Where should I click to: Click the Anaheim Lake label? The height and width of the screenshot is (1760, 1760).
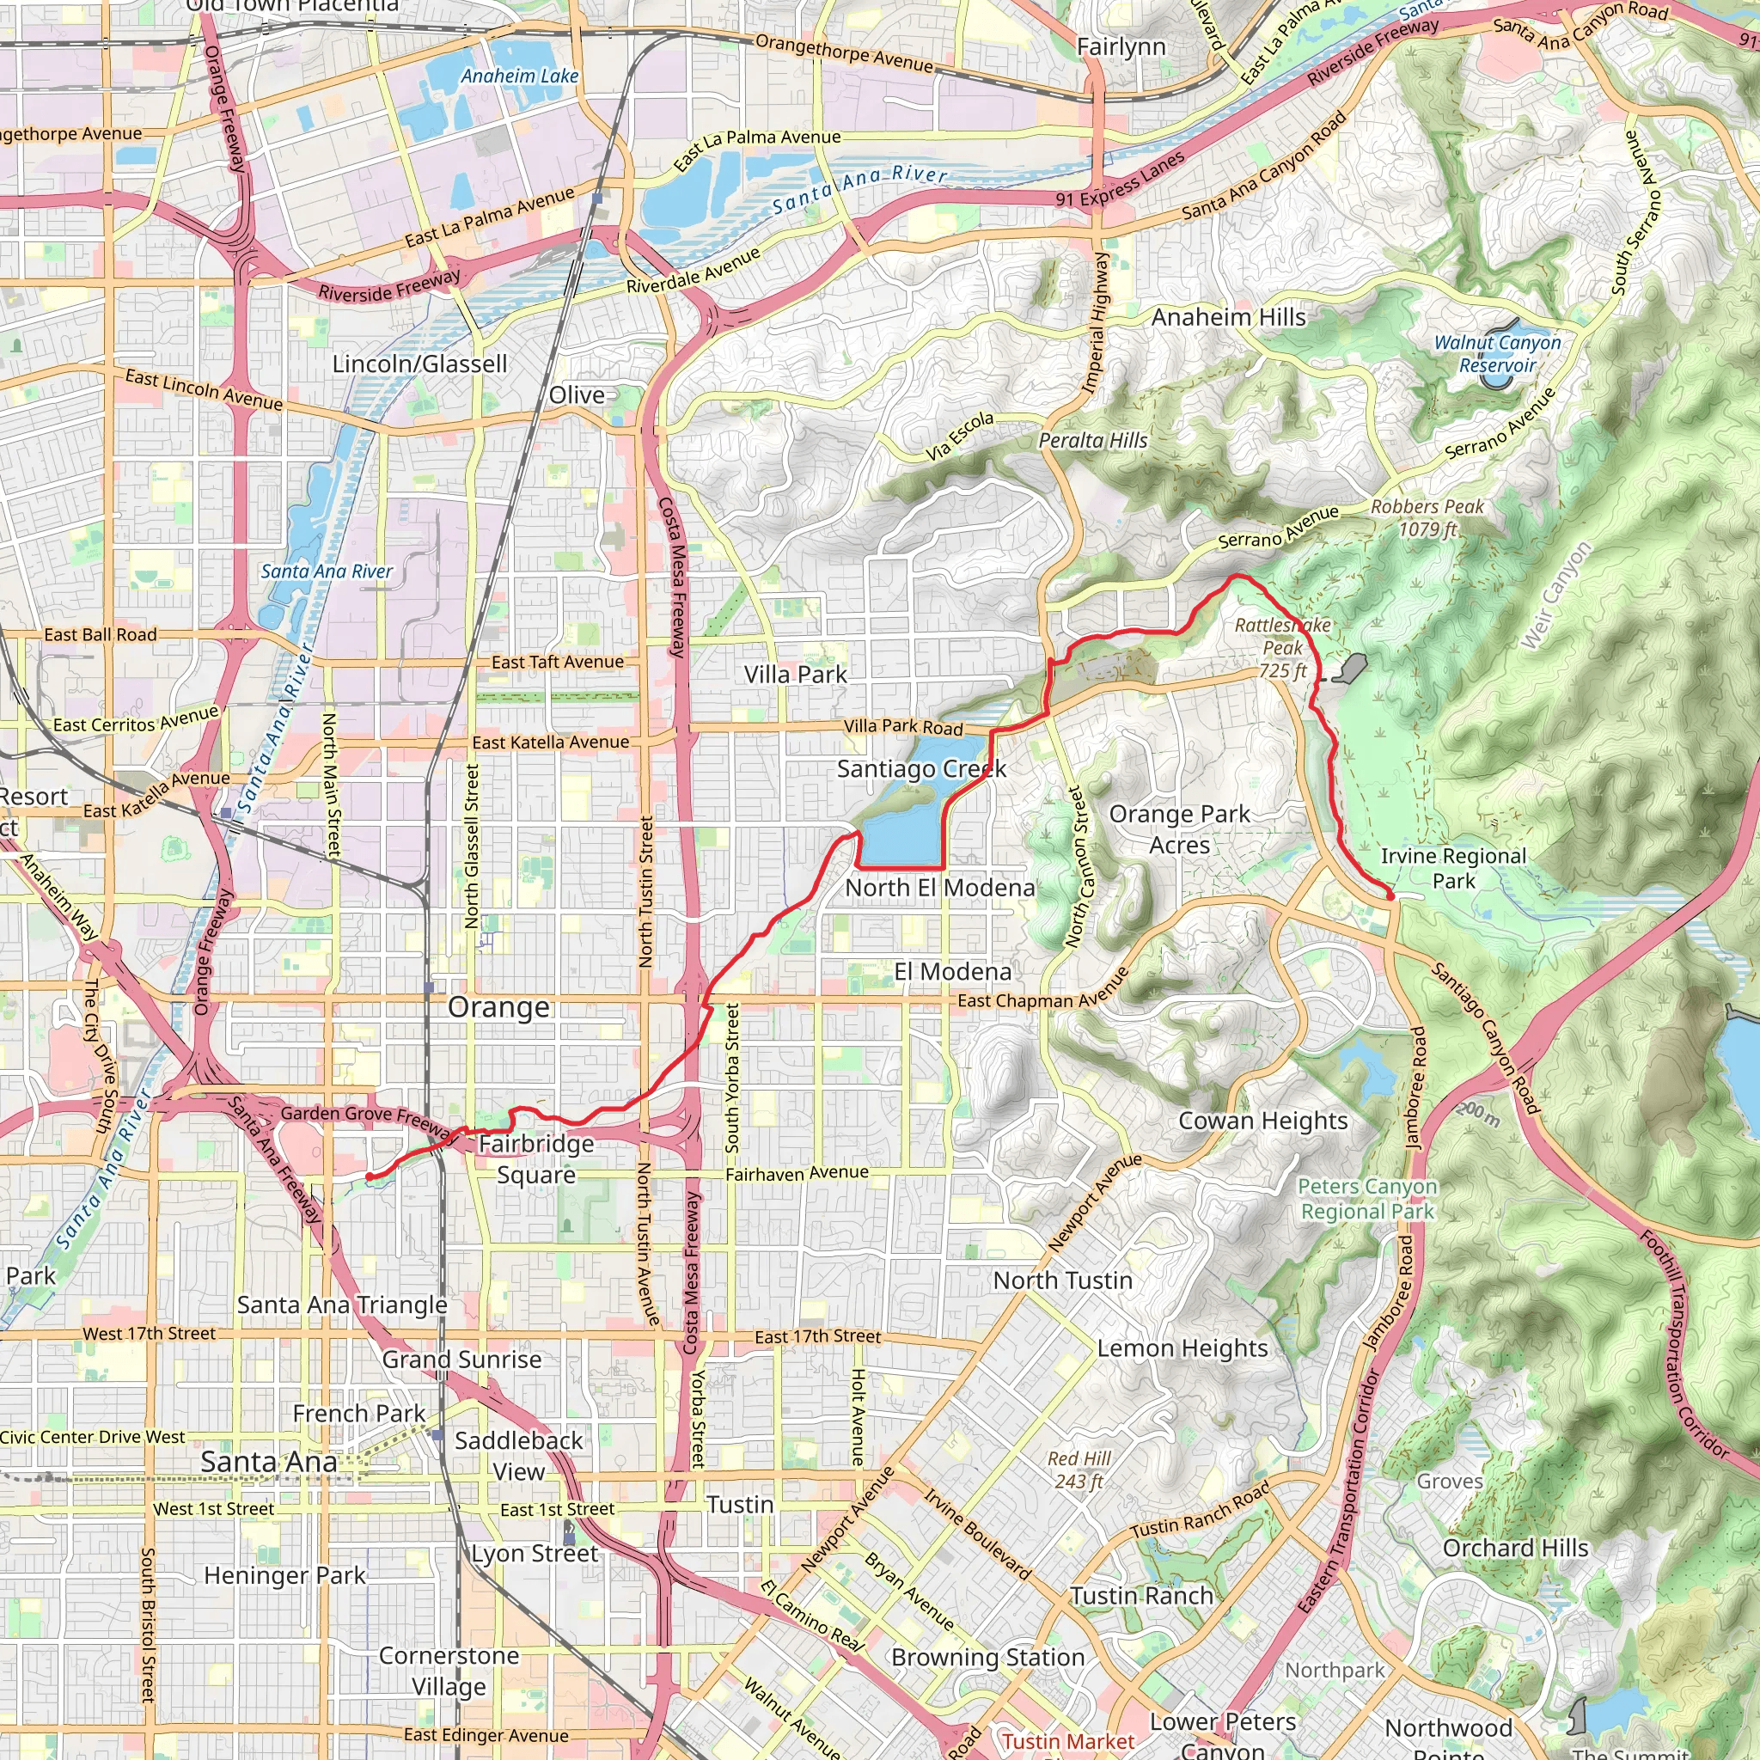[x=519, y=76]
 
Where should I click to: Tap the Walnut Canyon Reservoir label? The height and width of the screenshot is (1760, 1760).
[x=1498, y=354]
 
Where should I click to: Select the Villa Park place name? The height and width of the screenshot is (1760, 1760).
[x=795, y=675]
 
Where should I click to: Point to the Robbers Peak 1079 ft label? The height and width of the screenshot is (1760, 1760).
[x=1427, y=517]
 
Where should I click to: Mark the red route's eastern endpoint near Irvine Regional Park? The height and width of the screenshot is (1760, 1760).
[x=1390, y=896]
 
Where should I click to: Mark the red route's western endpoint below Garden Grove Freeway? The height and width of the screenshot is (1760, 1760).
[x=369, y=1177]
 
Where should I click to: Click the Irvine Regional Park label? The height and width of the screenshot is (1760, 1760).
[x=1453, y=868]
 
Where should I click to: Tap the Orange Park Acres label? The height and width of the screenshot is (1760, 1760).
[x=1180, y=829]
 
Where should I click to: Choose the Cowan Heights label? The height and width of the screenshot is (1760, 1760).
[x=1262, y=1121]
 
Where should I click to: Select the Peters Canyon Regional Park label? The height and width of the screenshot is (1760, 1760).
[x=1367, y=1199]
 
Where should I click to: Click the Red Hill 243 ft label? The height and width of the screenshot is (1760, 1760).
[x=1079, y=1470]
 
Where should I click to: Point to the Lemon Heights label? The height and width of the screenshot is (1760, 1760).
[x=1182, y=1348]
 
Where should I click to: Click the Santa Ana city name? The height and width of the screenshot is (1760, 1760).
[x=269, y=1462]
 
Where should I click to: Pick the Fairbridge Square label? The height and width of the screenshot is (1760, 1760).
[x=536, y=1158]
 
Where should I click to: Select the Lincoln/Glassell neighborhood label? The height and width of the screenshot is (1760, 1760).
[x=419, y=364]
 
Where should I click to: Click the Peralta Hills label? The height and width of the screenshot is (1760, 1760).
[x=1093, y=441]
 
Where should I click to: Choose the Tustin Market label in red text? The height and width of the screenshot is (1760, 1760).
[x=1068, y=1741]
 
